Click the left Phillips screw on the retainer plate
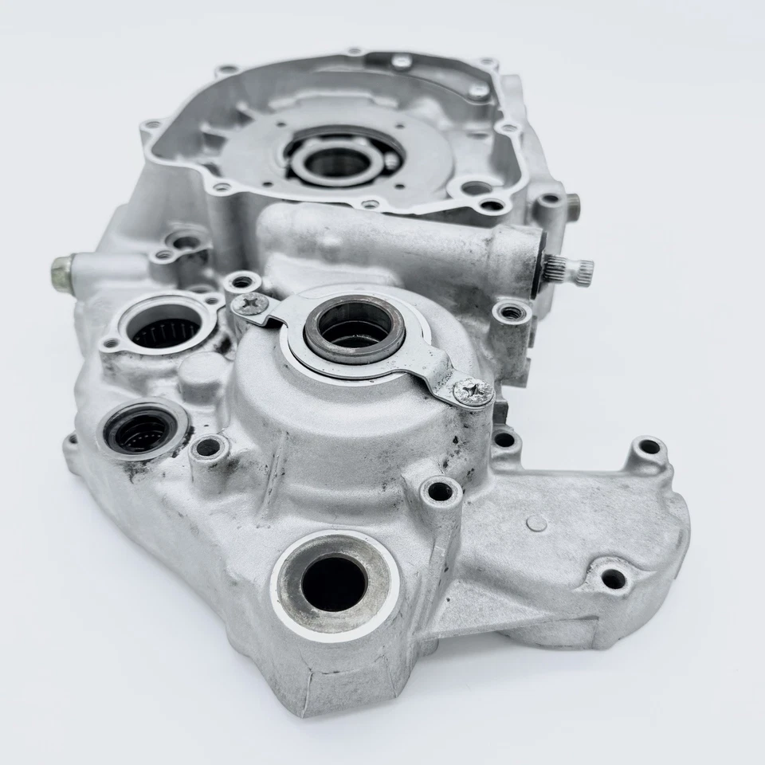(251, 304)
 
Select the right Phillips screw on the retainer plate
(472, 391)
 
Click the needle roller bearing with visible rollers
(166, 328)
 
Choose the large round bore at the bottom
(333, 581)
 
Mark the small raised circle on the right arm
(537, 524)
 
